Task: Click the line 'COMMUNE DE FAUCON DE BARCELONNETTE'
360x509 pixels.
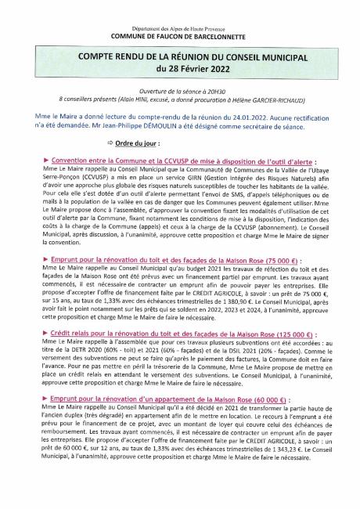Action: coord(179,36)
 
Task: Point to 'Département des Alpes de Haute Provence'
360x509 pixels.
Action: coord(179,28)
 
